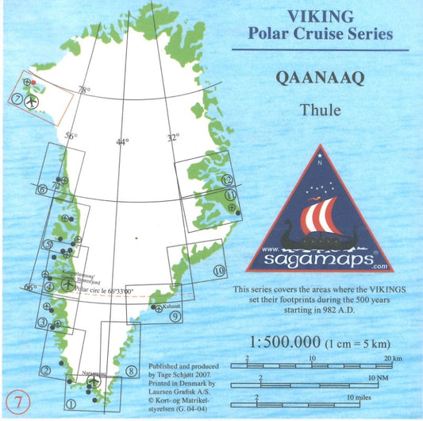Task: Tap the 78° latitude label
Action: pos(83,91)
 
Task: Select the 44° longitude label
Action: pos(121,141)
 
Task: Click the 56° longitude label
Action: pos(71,137)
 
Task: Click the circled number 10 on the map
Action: pos(220,270)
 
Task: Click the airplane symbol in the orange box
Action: pos(32,102)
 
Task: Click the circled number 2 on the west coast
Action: pos(46,369)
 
